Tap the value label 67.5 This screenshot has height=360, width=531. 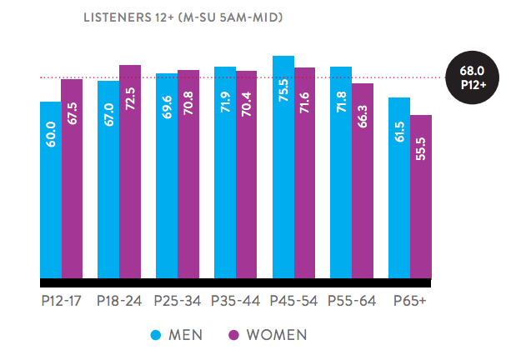(72, 112)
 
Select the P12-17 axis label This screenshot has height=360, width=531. (61, 300)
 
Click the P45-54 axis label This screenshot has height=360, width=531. (293, 300)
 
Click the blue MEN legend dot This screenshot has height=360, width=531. (155, 335)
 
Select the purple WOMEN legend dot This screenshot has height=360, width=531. (234, 335)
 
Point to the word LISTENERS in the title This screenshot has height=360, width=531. (117, 16)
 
